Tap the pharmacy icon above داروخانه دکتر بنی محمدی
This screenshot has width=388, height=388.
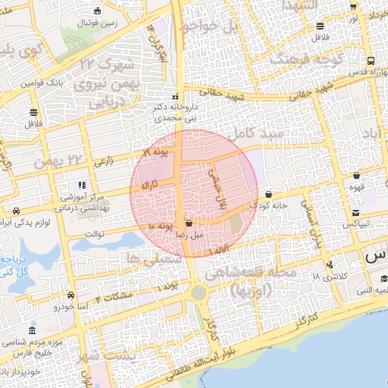coord(176,96)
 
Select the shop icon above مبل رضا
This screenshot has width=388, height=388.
coord(189,224)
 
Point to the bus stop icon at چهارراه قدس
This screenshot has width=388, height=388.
coord(371,61)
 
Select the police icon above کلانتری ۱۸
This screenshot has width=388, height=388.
coord(330,264)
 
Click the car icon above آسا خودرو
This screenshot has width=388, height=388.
coord(70,295)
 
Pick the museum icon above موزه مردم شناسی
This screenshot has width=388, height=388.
coord(32,332)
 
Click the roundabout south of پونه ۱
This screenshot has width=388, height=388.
coord(199,292)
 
